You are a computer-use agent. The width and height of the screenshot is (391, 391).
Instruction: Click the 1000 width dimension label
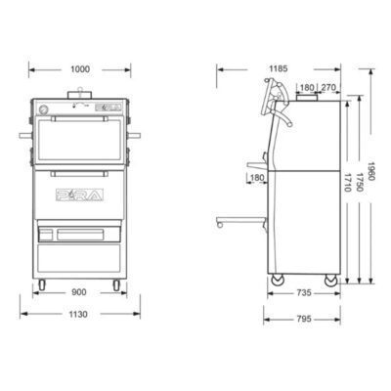80,69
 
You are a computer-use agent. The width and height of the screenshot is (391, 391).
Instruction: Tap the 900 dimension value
79,292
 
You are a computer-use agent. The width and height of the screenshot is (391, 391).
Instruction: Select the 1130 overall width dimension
78,314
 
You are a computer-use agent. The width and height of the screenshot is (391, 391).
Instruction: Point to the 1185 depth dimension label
279,68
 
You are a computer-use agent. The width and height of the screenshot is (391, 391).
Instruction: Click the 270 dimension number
328,87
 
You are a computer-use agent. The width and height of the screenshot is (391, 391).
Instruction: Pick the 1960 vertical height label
371,172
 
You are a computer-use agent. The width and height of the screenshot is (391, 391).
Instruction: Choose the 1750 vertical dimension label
360,182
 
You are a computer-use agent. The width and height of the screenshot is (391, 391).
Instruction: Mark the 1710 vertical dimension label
347,182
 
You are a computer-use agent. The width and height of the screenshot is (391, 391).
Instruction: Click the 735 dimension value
304,293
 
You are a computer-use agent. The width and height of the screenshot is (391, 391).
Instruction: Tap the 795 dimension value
304,319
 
